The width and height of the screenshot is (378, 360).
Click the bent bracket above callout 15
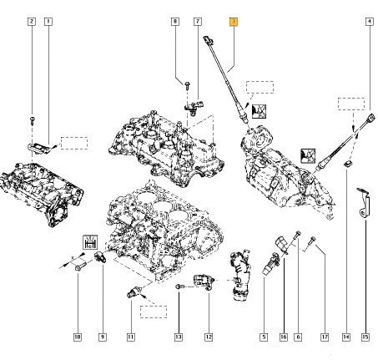coord(363,201)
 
